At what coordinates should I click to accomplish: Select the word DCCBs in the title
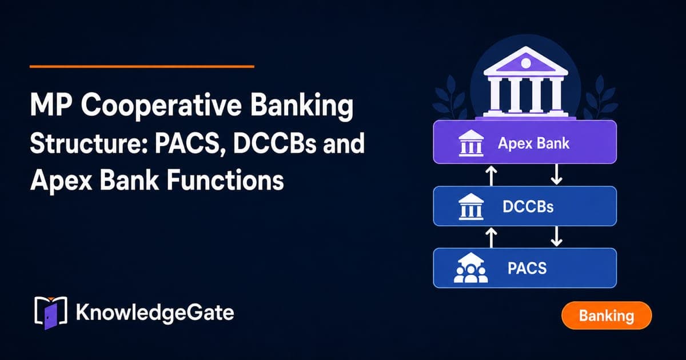274,143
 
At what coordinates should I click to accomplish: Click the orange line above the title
142,66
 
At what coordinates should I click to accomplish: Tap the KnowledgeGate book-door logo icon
50,313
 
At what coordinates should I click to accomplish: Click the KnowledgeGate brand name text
155,313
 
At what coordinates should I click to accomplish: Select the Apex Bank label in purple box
533,143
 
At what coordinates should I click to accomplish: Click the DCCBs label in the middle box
528,207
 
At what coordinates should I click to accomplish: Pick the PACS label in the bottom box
527,268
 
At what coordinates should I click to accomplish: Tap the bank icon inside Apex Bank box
471,143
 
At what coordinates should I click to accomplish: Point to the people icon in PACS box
470,268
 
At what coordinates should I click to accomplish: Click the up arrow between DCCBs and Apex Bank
492,176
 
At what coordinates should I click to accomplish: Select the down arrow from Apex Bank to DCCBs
556,174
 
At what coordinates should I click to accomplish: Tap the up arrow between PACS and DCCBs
492,238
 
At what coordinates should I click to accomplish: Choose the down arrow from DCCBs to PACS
556,237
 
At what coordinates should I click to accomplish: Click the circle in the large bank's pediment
526,63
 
